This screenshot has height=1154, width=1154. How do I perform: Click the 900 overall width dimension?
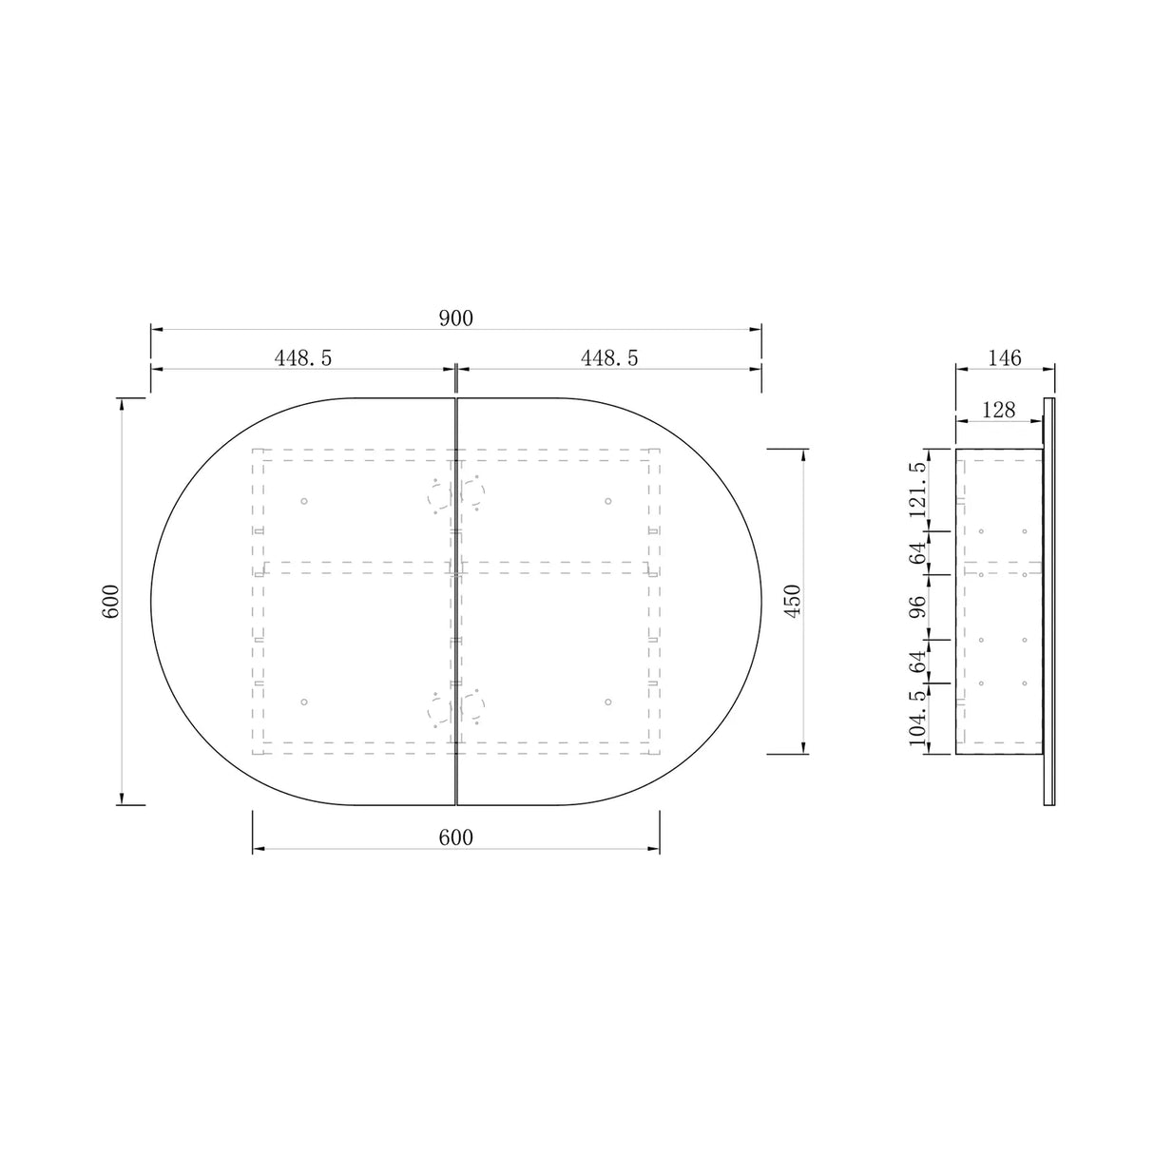tap(455, 318)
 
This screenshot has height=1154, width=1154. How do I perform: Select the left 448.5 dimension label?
tap(303, 357)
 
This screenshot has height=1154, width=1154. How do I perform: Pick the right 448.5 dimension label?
tap(609, 357)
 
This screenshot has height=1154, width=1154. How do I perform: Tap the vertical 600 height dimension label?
tap(110, 601)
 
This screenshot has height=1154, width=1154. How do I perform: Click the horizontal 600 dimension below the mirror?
tap(455, 837)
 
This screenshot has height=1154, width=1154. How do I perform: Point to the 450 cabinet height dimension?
tap(794, 601)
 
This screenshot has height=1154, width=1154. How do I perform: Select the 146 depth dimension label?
tap(1004, 357)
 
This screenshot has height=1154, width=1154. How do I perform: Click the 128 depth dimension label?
tap(998, 410)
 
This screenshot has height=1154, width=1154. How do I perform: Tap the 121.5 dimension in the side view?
tap(917, 490)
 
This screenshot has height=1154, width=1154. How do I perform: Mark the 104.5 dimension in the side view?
tap(917, 719)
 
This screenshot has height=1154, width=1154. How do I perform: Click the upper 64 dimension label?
tap(917, 552)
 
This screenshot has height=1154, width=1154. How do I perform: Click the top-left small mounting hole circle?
tap(304, 501)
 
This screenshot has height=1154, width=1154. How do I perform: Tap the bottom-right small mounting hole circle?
tap(608, 702)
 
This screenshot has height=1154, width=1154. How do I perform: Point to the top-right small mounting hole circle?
tap(608, 501)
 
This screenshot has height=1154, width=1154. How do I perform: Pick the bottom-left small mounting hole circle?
tap(304, 702)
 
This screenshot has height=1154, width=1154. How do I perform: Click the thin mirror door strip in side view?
tap(1049, 601)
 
